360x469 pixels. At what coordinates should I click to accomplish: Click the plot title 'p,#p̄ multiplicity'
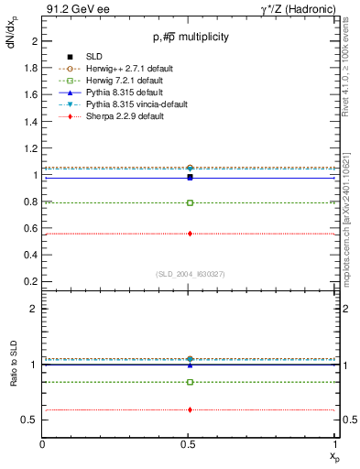[191, 38]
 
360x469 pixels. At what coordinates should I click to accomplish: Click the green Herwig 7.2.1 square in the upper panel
[190, 202]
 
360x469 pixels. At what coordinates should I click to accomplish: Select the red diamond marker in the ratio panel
[190, 409]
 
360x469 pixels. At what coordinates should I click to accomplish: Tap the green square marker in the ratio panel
[190, 382]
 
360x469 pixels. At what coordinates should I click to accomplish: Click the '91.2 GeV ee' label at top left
[72, 9]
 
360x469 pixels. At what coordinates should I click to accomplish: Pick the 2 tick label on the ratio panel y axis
[33, 310]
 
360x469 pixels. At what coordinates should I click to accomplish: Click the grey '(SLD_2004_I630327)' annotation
[190, 274]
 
